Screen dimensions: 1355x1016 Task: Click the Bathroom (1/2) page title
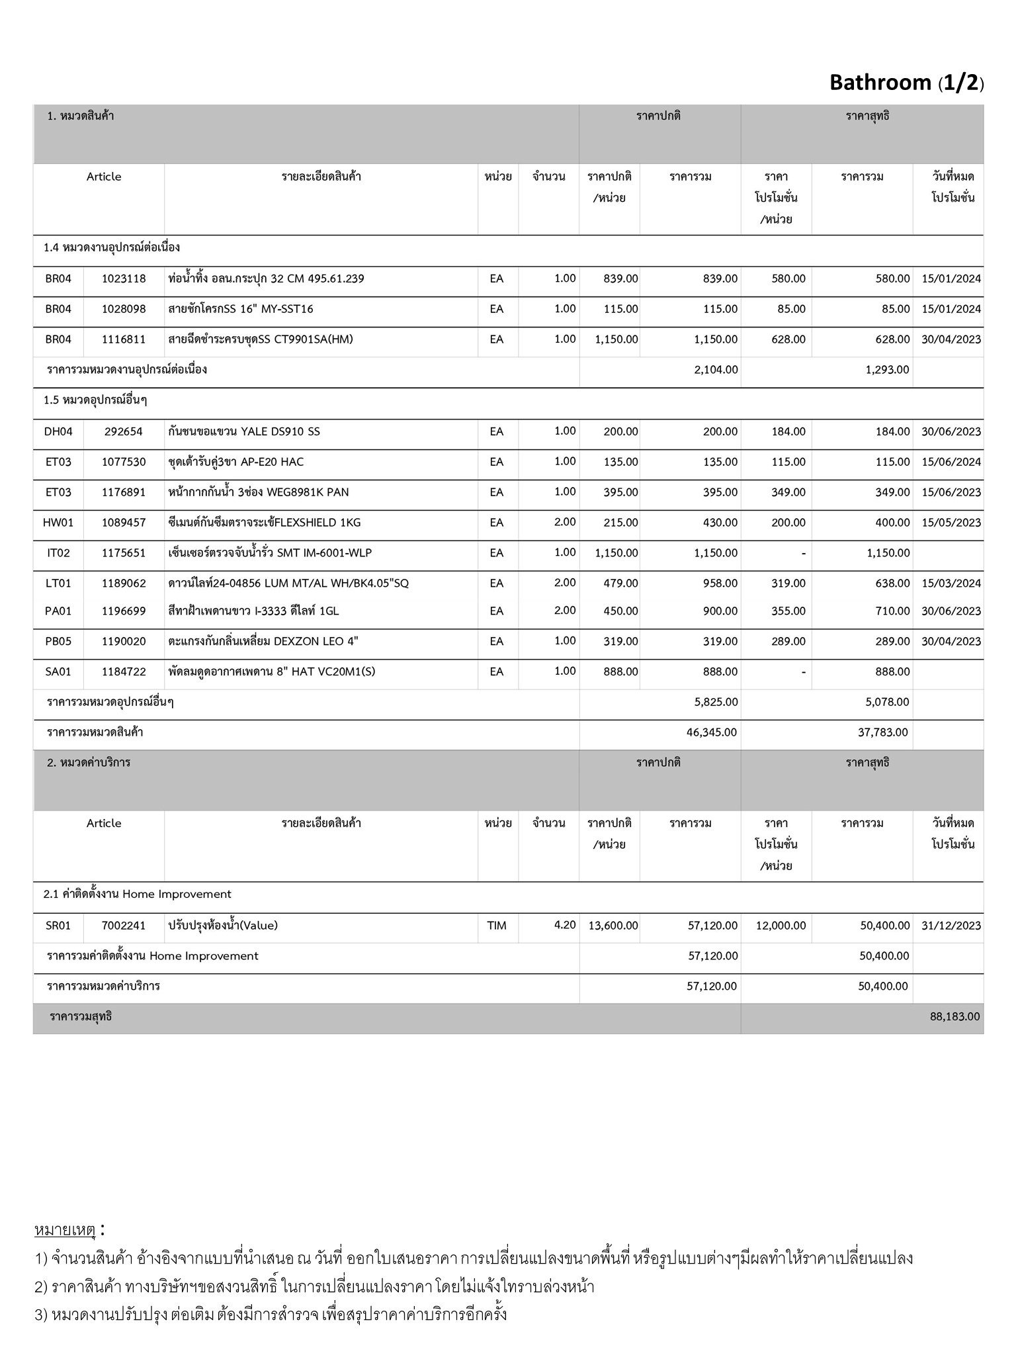coord(906,83)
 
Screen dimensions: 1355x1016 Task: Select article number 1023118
coord(124,279)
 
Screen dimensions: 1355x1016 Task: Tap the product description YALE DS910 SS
coord(243,431)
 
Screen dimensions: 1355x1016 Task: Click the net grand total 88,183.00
coord(954,1016)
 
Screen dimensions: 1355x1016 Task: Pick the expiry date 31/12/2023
coord(951,926)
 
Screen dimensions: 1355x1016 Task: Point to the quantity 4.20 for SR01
coord(565,925)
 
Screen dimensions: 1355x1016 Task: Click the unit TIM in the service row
coord(497,926)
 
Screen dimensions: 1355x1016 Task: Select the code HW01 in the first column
coord(58,523)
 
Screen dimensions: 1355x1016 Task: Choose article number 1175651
coord(124,553)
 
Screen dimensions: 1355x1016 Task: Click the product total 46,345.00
coord(712,732)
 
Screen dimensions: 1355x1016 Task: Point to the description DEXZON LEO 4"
coord(263,641)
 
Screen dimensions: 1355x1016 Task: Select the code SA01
coord(58,672)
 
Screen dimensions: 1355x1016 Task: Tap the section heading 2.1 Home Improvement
coord(138,895)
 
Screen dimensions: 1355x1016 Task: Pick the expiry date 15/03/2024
coord(951,584)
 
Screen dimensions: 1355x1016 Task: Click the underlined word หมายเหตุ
coord(65,1231)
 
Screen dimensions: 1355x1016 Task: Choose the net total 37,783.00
coord(882,732)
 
